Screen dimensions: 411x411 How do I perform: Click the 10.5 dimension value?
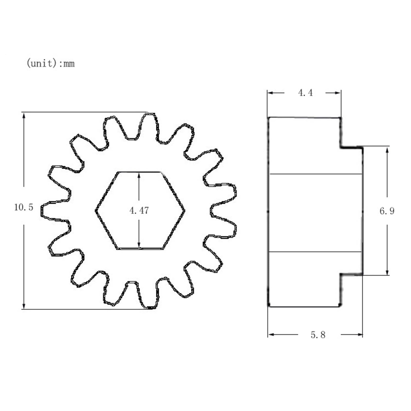click(x=24, y=207)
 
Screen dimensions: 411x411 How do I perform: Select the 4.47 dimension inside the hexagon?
click(x=139, y=211)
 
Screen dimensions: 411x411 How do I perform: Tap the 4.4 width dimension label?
click(x=305, y=93)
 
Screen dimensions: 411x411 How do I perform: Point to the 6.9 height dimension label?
click(x=387, y=211)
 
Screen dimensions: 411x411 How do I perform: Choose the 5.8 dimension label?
click(x=318, y=335)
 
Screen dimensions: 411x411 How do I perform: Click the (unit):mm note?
click(x=51, y=63)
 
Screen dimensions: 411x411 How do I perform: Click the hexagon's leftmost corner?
click(x=96, y=211)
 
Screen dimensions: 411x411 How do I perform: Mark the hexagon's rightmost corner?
click(x=184, y=211)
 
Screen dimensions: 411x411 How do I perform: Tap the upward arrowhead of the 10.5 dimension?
click(x=24, y=116)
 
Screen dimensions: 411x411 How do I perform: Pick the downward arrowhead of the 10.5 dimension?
click(x=24, y=305)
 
